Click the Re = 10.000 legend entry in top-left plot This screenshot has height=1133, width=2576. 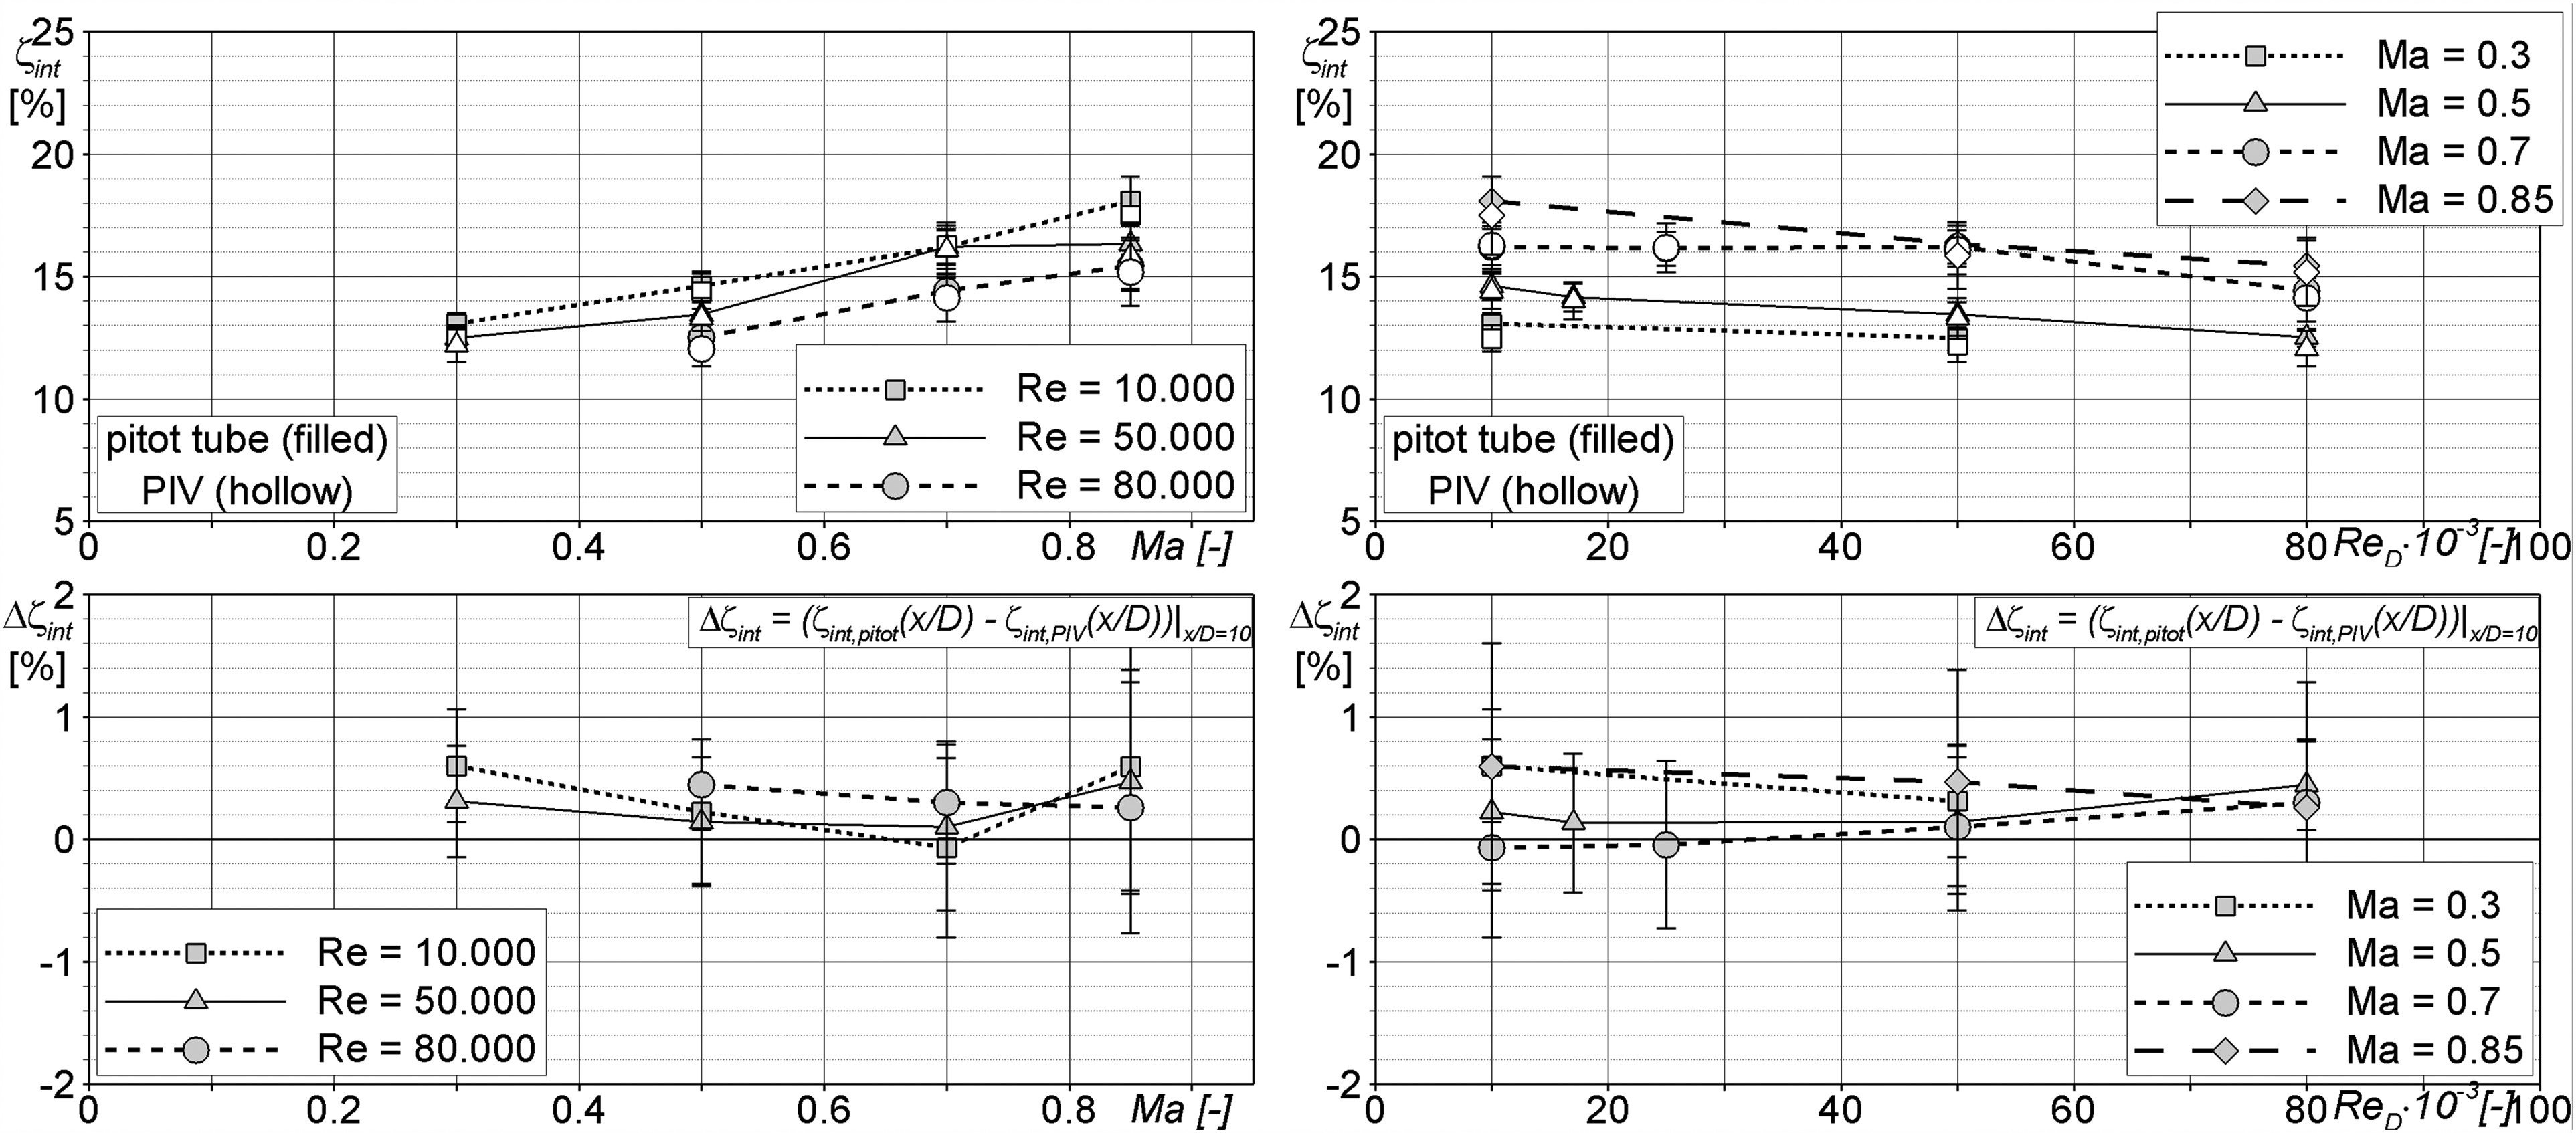1020,389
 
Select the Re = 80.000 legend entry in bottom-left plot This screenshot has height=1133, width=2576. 320,1049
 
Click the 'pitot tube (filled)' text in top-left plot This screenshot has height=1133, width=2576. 246,441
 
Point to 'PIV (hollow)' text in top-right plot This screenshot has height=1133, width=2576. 1533,491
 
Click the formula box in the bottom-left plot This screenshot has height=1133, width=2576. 970,624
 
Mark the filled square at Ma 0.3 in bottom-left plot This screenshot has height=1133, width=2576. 457,766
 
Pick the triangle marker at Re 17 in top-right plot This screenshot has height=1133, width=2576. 1573,296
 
